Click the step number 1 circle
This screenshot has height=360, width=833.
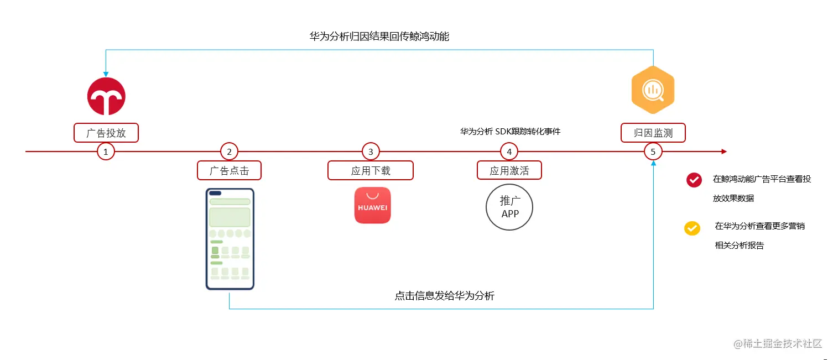[x=106, y=151]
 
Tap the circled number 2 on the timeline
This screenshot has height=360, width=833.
[x=229, y=151]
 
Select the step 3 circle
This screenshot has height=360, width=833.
[x=371, y=151]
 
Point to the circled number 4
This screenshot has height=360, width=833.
[x=509, y=151]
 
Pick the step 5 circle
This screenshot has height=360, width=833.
[x=653, y=151]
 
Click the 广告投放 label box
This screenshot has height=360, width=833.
[x=106, y=133]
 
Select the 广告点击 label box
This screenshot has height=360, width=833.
[x=229, y=170]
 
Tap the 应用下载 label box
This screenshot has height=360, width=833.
[x=371, y=170]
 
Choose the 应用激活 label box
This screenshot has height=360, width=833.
[x=509, y=170]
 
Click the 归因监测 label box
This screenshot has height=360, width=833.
[x=653, y=133]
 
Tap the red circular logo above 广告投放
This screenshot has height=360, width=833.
[x=106, y=96]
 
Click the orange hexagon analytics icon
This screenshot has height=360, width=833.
[x=653, y=90]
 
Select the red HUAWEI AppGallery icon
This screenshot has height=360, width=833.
[x=372, y=205]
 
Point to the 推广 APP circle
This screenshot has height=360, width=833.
[x=509, y=207]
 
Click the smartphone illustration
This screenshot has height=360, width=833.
[x=230, y=239]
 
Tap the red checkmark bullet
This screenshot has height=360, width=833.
[x=694, y=180]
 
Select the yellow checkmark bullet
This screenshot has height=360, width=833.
[x=692, y=228]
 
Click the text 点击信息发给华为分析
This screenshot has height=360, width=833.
[x=444, y=296]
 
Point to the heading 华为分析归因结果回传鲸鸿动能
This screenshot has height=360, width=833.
[x=379, y=37]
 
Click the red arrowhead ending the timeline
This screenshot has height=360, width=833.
[x=723, y=151]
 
